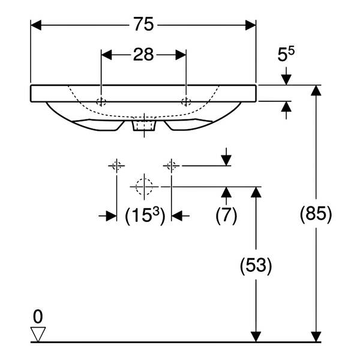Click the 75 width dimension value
144,24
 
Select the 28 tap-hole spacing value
143,55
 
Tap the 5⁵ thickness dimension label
286,54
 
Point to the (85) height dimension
316,215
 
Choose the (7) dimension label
226,215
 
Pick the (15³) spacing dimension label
145,215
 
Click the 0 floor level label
38,317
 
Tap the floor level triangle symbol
38,334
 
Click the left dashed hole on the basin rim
101,101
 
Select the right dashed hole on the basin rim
186,101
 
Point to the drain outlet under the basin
144,125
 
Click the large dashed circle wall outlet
144,187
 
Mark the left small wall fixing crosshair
116,166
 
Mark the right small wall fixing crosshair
171,166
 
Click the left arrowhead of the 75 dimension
36,25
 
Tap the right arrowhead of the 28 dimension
181,55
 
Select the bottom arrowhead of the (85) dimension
316,337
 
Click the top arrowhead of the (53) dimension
256,192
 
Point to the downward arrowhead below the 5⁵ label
286,79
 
